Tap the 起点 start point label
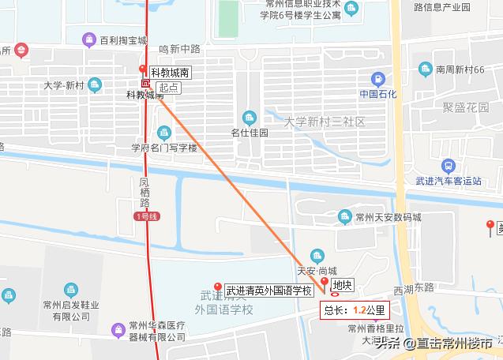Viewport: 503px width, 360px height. coord(167,88)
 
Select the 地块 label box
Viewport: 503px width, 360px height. coord(342,285)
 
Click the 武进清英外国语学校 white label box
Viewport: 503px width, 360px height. coord(269,291)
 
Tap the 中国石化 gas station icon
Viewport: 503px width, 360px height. coord(378,80)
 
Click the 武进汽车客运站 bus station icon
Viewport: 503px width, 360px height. coord(449,166)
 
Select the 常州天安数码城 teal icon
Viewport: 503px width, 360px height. coord(344,216)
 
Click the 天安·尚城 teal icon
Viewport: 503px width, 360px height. coord(317,255)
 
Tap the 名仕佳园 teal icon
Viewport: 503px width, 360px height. coord(250,118)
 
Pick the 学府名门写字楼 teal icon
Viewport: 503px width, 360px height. coord(164,132)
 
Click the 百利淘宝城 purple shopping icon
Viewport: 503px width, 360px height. coord(92,39)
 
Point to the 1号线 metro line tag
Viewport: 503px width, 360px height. coord(148,216)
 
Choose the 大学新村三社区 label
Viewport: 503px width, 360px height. coord(325,122)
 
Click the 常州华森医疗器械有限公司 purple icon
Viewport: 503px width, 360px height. coord(120,324)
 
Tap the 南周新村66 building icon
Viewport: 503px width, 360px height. coord(426,69)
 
